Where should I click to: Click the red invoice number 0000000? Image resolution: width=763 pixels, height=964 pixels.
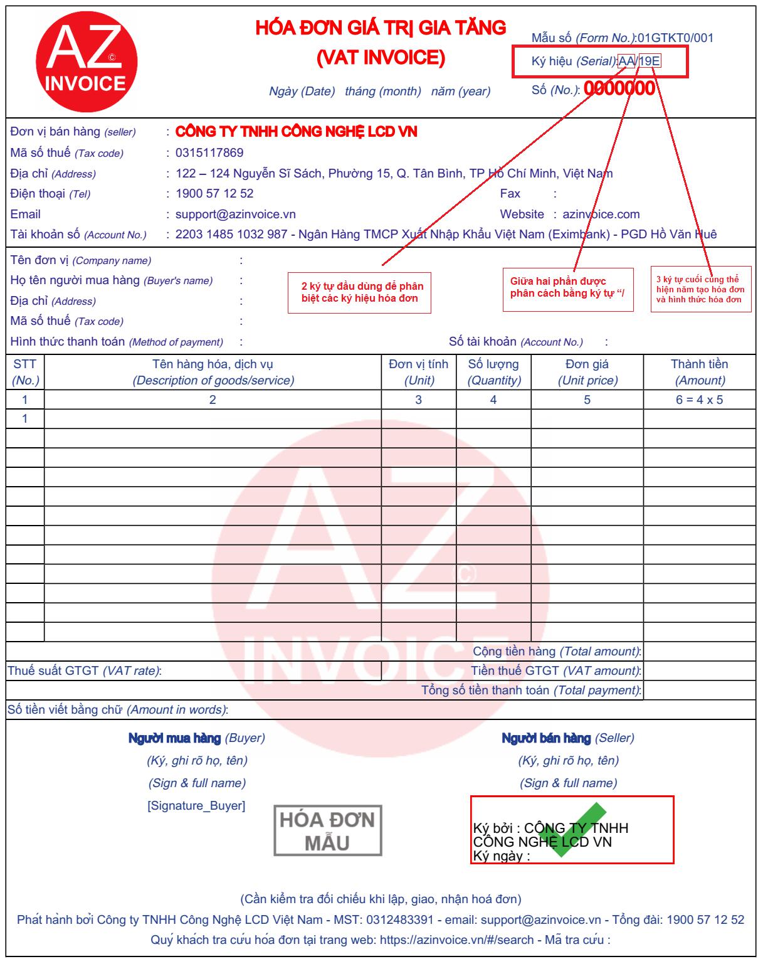click(x=619, y=88)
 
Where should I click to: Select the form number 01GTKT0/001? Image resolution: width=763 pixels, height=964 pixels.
click(x=675, y=38)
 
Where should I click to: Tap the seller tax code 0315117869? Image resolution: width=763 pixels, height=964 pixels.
click(x=209, y=152)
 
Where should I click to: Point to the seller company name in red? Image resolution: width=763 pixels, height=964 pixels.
click(x=296, y=132)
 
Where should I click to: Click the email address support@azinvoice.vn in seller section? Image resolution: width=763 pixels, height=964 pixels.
click(x=235, y=214)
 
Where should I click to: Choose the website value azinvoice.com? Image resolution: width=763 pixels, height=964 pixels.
click(x=601, y=214)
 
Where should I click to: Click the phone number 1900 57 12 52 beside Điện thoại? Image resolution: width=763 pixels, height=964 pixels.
click(x=214, y=193)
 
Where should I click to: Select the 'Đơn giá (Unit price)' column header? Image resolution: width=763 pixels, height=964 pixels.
click(x=587, y=372)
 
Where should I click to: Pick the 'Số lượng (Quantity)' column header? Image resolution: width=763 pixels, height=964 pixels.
click(x=493, y=372)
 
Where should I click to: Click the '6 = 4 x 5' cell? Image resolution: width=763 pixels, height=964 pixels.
click(x=699, y=400)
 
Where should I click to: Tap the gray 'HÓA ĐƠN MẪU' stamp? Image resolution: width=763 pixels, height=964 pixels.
click(x=327, y=831)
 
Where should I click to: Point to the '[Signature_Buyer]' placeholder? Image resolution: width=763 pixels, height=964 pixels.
click(x=196, y=805)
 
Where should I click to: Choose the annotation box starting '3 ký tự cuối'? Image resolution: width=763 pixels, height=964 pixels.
click(x=700, y=289)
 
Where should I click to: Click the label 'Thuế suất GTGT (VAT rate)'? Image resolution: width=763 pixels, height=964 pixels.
click(x=85, y=670)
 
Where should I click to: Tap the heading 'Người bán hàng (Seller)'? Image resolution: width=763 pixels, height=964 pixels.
click(x=568, y=738)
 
